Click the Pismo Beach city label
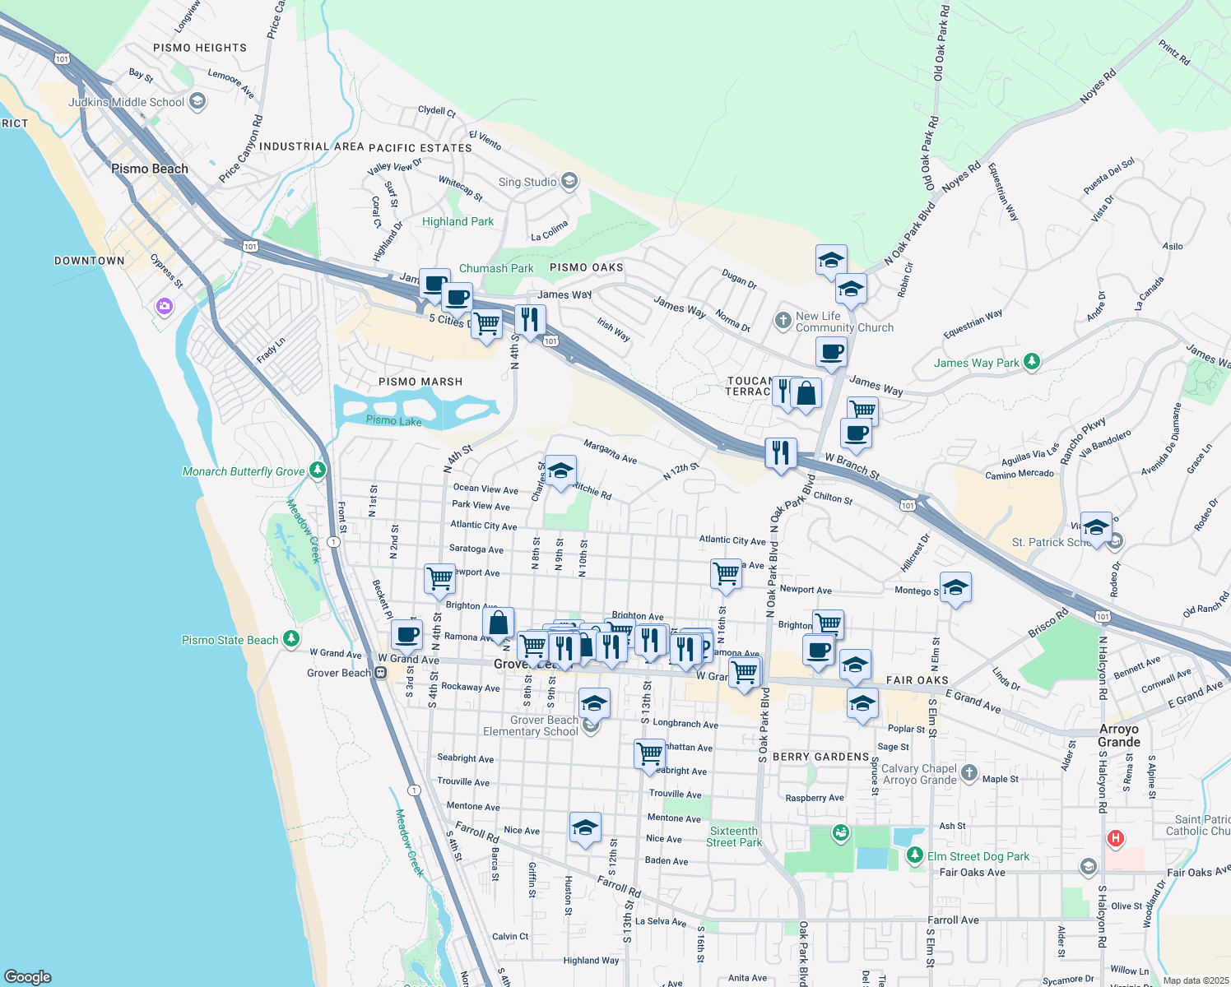tap(150, 169)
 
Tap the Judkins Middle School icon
tap(197, 101)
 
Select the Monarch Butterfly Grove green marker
tap(318, 470)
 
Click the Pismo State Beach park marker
tap(290, 639)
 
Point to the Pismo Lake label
tap(393, 420)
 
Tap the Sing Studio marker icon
tap(569, 181)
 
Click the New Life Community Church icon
tap(783, 321)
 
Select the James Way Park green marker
tap(1032, 362)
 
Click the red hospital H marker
tap(1115, 839)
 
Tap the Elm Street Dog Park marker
tap(915, 855)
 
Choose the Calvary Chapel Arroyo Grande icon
tap(969, 773)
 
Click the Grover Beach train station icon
tap(380, 673)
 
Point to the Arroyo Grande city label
tap(1119, 735)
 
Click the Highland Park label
tap(458, 221)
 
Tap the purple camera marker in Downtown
tap(165, 307)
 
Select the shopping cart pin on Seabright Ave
tap(649, 753)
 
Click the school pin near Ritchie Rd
tap(560, 471)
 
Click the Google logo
tap(27, 977)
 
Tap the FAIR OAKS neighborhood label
tap(917, 680)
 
